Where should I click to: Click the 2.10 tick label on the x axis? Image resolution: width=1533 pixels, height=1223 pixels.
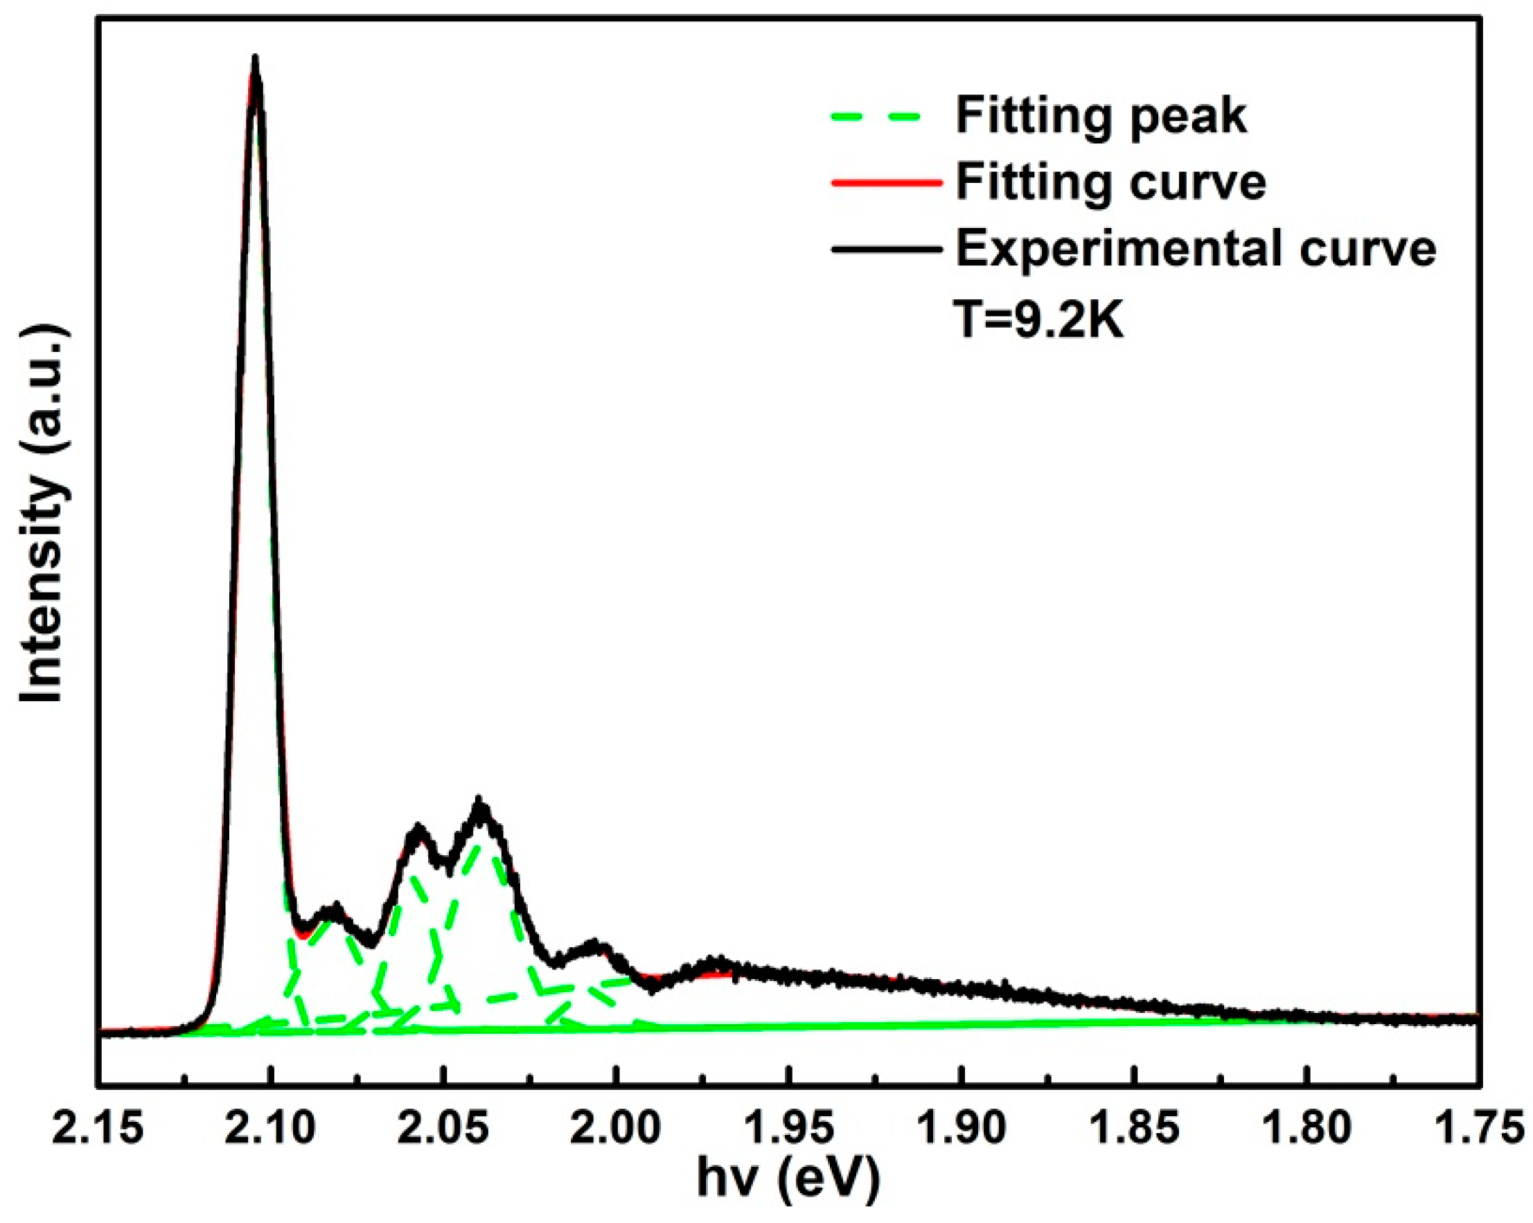pyautogui.click(x=271, y=1127)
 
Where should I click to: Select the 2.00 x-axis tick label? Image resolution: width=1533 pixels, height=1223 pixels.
pyautogui.click(x=617, y=1127)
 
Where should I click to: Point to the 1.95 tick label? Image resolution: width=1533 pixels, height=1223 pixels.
pyautogui.click(x=789, y=1127)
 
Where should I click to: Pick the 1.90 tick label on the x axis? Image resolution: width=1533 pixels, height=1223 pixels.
pyautogui.click(x=962, y=1127)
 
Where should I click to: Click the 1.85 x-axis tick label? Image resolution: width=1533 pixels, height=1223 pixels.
pyautogui.click(x=1135, y=1127)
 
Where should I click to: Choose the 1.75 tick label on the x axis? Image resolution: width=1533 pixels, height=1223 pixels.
pyautogui.click(x=1480, y=1127)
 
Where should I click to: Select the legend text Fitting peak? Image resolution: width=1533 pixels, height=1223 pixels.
pyautogui.click(x=1101, y=116)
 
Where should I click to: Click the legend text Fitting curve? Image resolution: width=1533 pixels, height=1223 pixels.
pyautogui.click(x=1110, y=183)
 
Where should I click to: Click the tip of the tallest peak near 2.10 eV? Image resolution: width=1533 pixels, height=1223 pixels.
pyautogui.click(x=255, y=57)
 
